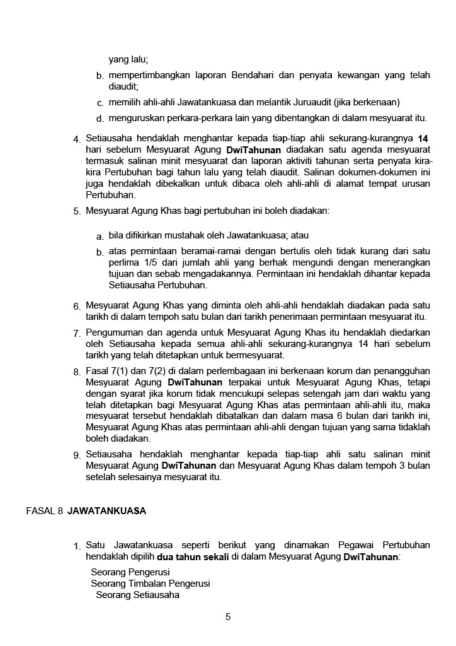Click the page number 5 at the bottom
coord(228,617)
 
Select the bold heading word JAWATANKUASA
coord(106,511)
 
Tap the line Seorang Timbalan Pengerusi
coord(150,584)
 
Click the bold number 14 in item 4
coord(424,138)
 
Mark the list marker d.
coord(100,119)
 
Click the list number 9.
coord(76,455)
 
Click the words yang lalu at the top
coord(128,59)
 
